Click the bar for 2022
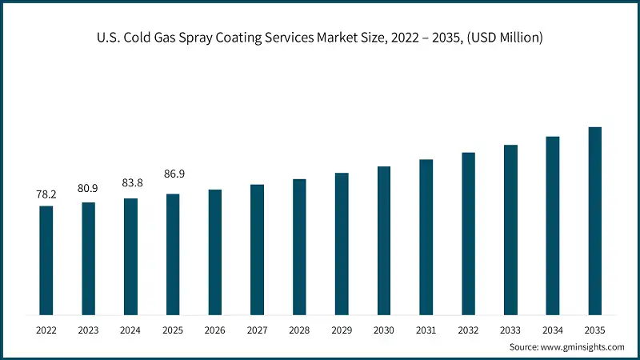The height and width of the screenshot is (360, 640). point(46,260)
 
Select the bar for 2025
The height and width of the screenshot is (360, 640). point(173,254)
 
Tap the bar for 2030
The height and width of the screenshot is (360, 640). point(384,240)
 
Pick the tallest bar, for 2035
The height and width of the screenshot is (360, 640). point(595,220)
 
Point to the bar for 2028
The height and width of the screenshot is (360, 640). point(299,246)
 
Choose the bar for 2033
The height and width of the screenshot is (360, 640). point(510,230)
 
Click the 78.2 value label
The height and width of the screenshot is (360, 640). point(46,194)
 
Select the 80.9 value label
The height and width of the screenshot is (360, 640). point(88,189)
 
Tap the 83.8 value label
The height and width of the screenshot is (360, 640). point(130,183)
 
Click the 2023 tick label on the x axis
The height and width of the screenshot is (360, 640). point(88,329)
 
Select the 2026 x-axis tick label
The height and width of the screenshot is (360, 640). point(215,329)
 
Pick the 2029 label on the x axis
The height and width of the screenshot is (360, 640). point(342,329)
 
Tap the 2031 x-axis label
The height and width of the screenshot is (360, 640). point(426,329)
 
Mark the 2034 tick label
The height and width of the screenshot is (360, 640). point(553,329)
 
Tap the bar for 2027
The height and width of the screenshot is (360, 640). point(257,250)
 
